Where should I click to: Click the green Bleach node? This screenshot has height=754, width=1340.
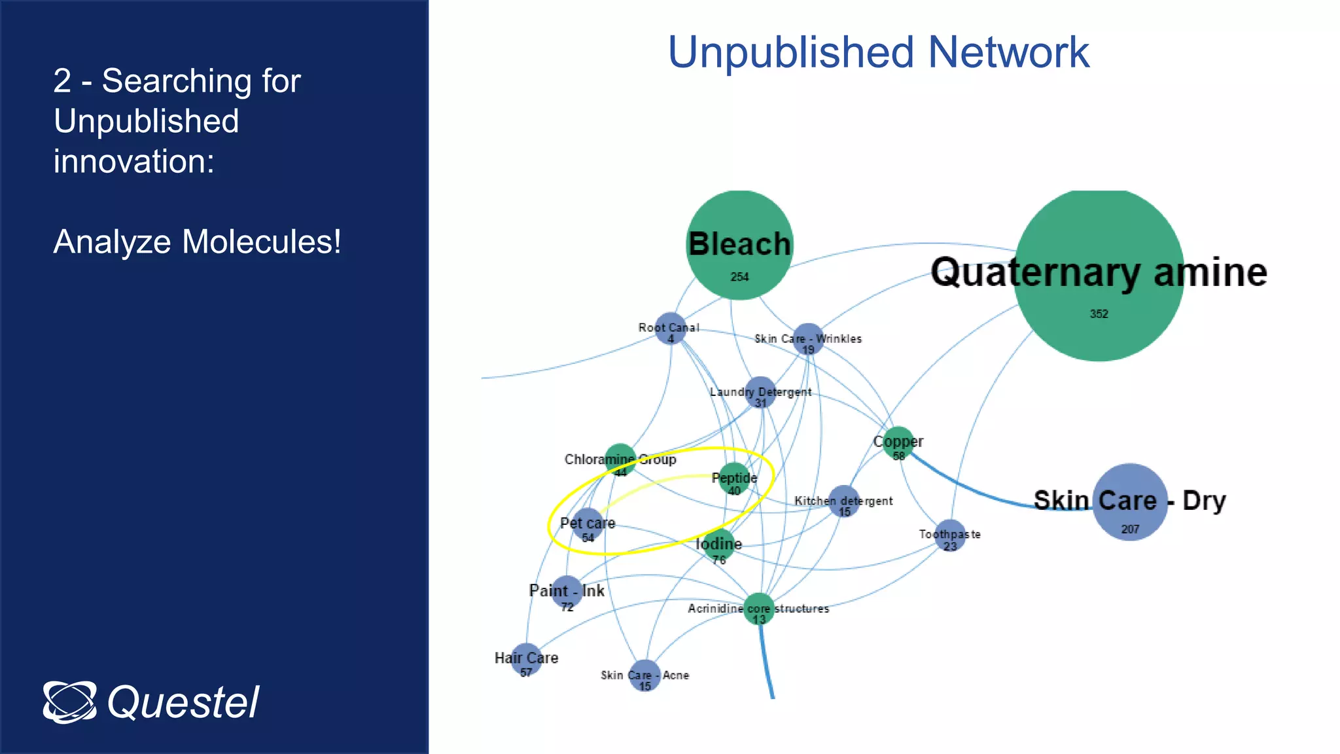click(x=739, y=245)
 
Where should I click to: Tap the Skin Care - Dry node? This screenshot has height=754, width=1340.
click(x=1130, y=502)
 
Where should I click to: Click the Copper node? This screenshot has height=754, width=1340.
click(x=898, y=442)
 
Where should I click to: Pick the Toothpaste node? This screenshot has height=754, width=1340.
click(x=949, y=535)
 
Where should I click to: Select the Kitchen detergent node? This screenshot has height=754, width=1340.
click(x=844, y=501)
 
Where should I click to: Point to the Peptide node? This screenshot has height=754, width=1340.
click(x=734, y=478)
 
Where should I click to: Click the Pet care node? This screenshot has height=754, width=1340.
click(x=588, y=524)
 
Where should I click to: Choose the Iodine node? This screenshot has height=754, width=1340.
click(x=718, y=545)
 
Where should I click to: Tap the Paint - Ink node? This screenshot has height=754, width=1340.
click(x=567, y=592)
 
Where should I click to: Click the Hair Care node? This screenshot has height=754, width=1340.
click(x=526, y=659)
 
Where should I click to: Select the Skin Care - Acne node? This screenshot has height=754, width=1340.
click(x=644, y=675)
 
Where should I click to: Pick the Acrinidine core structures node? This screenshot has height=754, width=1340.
click(x=759, y=609)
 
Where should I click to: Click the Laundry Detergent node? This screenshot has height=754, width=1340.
click(x=760, y=392)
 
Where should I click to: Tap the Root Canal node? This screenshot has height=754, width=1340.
click(x=670, y=328)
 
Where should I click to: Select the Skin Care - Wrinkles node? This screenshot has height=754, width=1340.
click(x=808, y=339)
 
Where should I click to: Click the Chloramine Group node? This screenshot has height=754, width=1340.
click(x=620, y=459)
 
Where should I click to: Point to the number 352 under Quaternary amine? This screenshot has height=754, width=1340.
click(x=1099, y=314)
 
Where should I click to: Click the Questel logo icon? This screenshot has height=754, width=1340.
click(x=69, y=702)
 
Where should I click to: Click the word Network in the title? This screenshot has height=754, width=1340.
click(x=1008, y=52)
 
